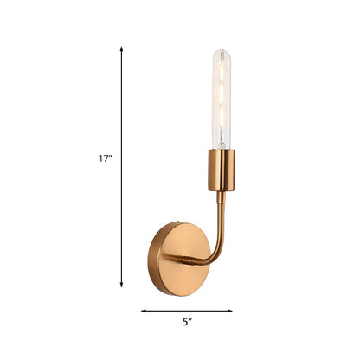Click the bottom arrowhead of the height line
[x=121, y=286]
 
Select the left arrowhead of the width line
[x=143, y=310]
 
